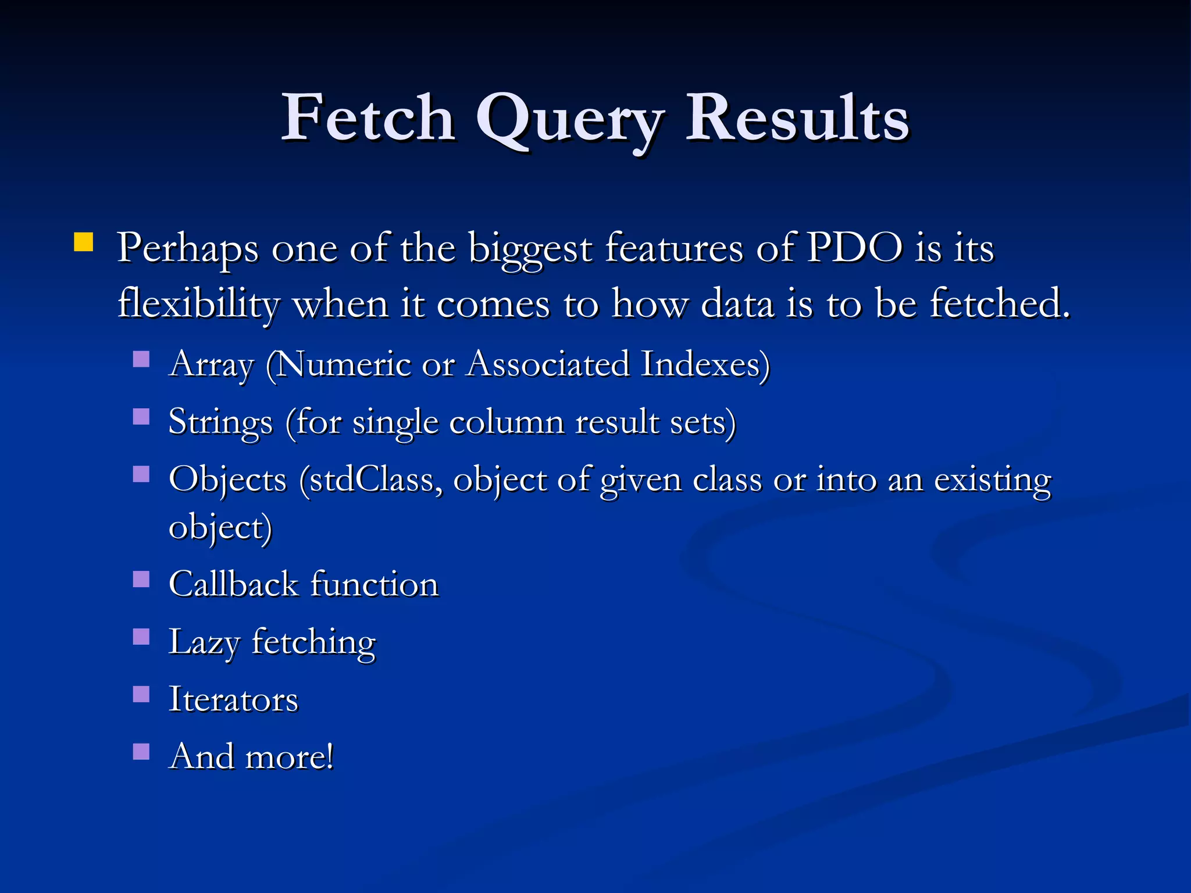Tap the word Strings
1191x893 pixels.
click(220, 423)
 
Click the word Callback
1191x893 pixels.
click(233, 584)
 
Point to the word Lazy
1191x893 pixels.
click(204, 643)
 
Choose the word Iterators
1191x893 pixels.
click(233, 699)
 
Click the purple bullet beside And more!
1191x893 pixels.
click(141, 752)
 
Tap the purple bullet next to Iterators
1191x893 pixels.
click(141, 694)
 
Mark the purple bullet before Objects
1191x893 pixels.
click(141, 474)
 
